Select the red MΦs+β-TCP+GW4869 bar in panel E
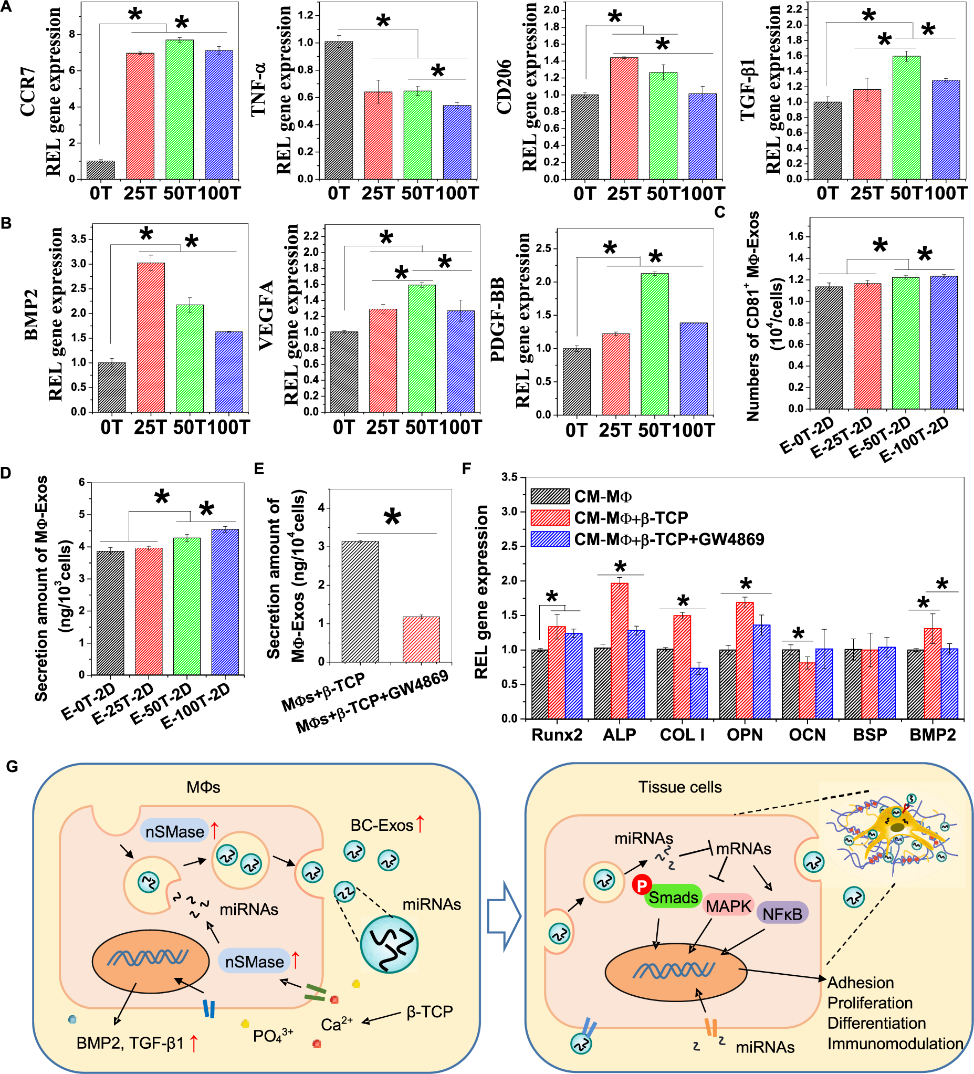(421, 639)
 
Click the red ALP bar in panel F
(620, 651)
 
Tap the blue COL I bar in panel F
(699, 693)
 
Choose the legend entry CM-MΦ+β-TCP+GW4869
(668, 539)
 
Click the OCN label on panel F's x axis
(807, 735)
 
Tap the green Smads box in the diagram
(673, 897)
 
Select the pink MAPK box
(728, 905)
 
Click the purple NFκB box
(782, 914)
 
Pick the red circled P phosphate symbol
(642, 885)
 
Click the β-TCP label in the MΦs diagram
(429, 1012)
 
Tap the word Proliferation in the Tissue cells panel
(870, 1003)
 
